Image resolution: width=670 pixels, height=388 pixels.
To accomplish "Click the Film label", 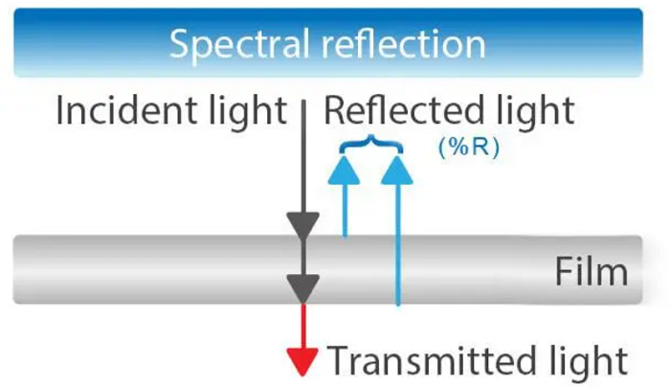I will click(x=591, y=273).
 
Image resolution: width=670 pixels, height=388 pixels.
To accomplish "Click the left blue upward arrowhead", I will click(x=345, y=170).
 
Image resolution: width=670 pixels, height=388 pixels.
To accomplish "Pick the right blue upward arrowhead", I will click(x=397, y=170).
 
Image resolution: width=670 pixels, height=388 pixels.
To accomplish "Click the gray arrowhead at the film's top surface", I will click(x=302, y=226).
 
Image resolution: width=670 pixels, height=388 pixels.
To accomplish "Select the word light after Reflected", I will click(x=532, y=111).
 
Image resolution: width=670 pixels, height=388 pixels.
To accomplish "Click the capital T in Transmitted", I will click(x=339, y=362).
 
